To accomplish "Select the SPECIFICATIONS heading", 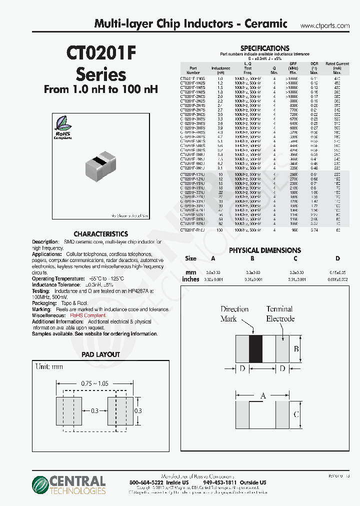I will click(x=264, y=48).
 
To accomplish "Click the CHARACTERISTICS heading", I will click(x=100, y=233).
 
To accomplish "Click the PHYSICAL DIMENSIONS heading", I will click(x=264, y=250).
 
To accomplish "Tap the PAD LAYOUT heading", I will click(x=100, y=354).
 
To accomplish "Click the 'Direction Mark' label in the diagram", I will click(x=234, y=313).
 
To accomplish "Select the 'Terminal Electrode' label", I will click(x=280, y=313).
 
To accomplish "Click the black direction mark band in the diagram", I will click(x=255, y=348).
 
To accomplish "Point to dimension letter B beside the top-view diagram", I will click(x=295, y=348).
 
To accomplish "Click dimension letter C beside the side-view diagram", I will click(x=295, y=414).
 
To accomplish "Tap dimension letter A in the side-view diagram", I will click(x=263, y=395).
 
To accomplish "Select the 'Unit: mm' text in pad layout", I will click(x=50, y=366).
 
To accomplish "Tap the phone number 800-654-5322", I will click(x=145, y=482).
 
